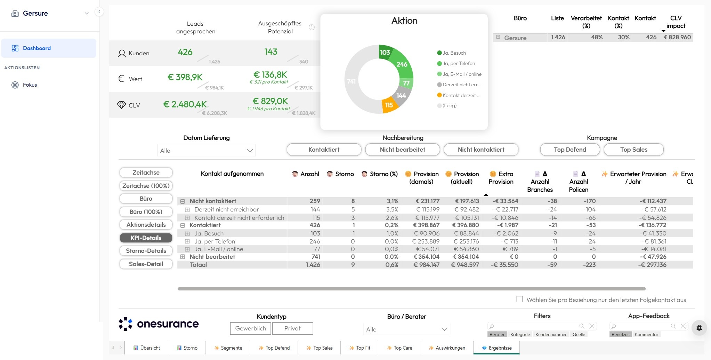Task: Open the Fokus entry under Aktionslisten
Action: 30,85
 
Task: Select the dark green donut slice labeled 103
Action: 385,52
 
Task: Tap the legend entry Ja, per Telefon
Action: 458,64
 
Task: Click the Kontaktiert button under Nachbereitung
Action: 324,150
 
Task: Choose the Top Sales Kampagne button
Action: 633,150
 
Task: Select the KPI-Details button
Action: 146,238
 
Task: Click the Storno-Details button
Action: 146,251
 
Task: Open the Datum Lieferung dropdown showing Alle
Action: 207,151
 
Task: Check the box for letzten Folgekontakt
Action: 520,299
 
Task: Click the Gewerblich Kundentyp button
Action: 251,328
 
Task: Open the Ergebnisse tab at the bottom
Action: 496,348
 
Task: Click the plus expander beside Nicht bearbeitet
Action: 183,257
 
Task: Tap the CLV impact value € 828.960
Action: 677,37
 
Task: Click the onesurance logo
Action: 159,324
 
